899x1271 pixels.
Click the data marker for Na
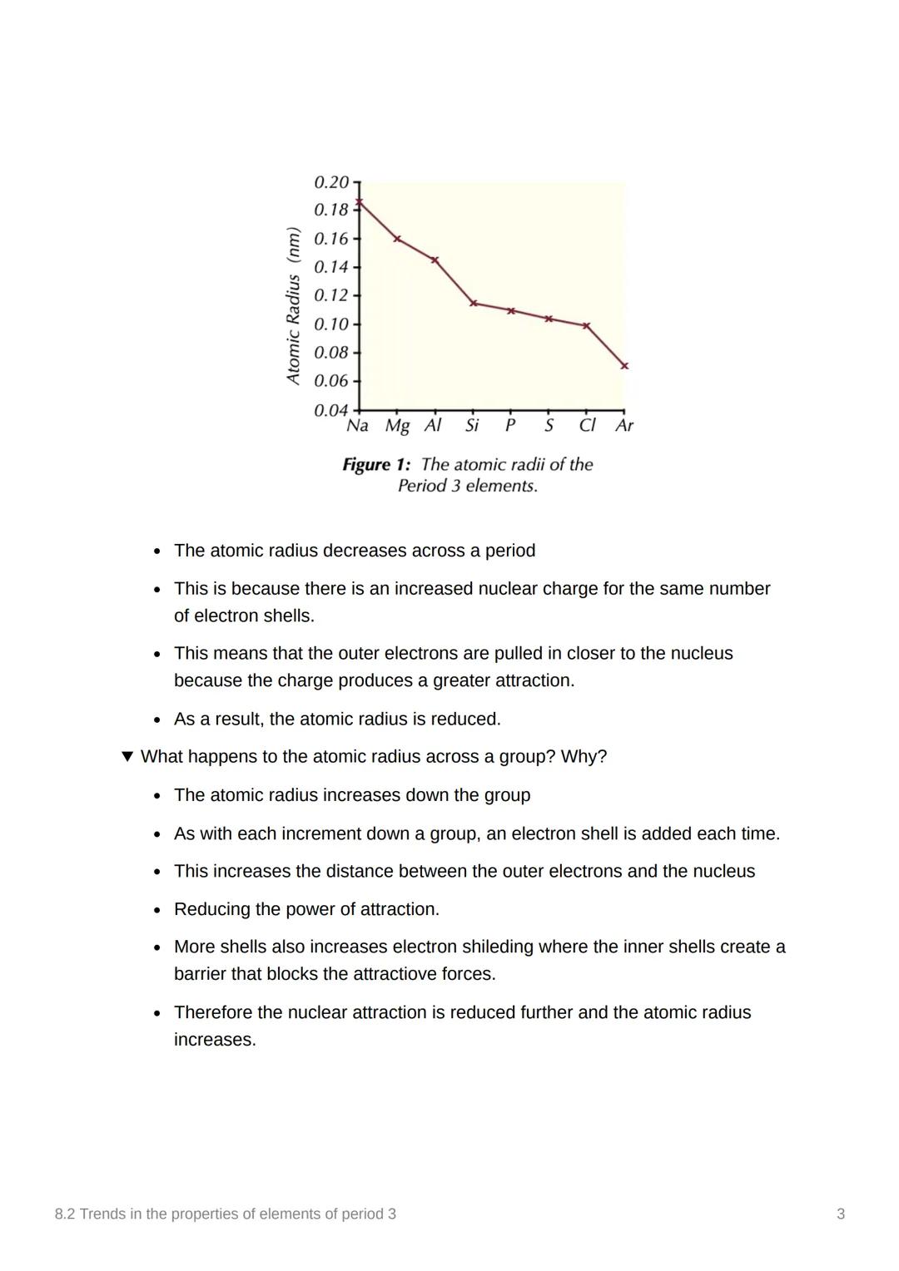click(x=359, y=201)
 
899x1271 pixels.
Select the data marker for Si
click(x=473, y=303)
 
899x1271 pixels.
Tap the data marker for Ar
click(x=624, y=365)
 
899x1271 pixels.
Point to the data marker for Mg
click(x=397, y=239)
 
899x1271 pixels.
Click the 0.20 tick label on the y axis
click(x=330, y=181)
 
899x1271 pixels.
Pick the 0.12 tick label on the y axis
click(x=330, y=295)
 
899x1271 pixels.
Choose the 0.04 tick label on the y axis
click(x=330, y=410)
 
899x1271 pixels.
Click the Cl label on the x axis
click(x=587, y=426)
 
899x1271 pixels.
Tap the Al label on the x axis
click(x=433, y=426)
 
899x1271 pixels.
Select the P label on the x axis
click(x=510, y=426)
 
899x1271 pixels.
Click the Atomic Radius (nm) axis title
click(x=292, y=305)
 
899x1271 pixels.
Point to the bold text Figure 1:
click(x=376, y=464)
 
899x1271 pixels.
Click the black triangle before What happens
click(x=127, y=756)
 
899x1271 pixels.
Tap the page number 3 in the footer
click(x=841, y=1214)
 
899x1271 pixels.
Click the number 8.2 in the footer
click(x=65, y=1214)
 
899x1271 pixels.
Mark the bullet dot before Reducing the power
click(x=156, y=910)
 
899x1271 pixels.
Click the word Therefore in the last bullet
click(x=216, y=1012)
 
